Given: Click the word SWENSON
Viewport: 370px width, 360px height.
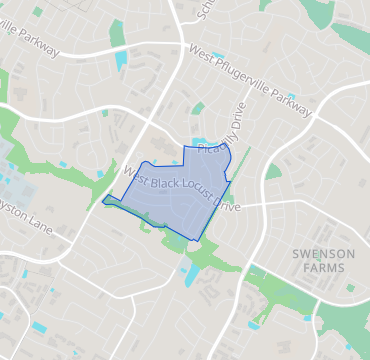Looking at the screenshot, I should coord(324,254).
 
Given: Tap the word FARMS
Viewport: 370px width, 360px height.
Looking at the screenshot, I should coord(324,268).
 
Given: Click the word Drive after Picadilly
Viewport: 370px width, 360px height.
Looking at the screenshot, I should coord(236,115).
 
